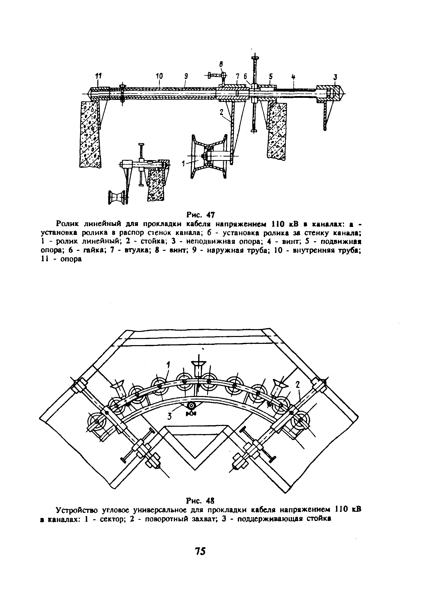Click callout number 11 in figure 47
tap(98, 76)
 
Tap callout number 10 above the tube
tap(160, 76)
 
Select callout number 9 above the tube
tap(186, 76)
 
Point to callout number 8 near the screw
tap(221, 64)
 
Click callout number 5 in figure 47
tap(271, 76)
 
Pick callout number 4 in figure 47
tap(293, 76)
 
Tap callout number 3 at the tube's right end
tap(335, 77)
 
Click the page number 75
tap(200, 551)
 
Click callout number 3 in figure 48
tap(169, 417)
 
